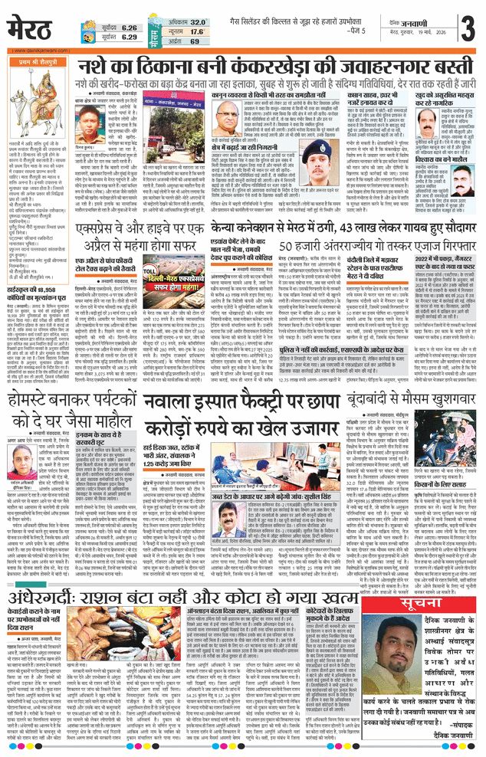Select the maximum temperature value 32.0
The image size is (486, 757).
pyautogui.click(x=197, y=22)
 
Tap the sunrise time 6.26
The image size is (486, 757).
pyautogui.click(x=129, y=25)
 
